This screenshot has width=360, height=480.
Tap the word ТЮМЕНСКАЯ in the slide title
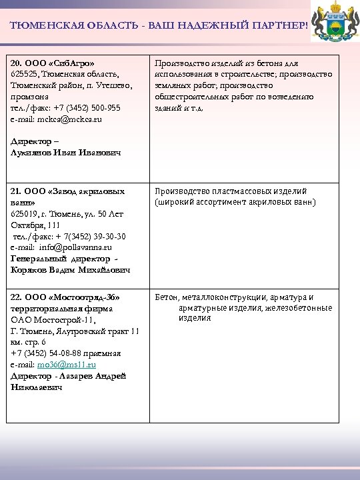click(41, 25)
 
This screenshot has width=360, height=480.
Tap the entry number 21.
click(17, 191)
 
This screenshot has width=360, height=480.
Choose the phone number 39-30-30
click(107, 237)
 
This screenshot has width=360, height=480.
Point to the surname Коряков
click(29, 270)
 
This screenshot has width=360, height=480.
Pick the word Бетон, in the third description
click(167, 297)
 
